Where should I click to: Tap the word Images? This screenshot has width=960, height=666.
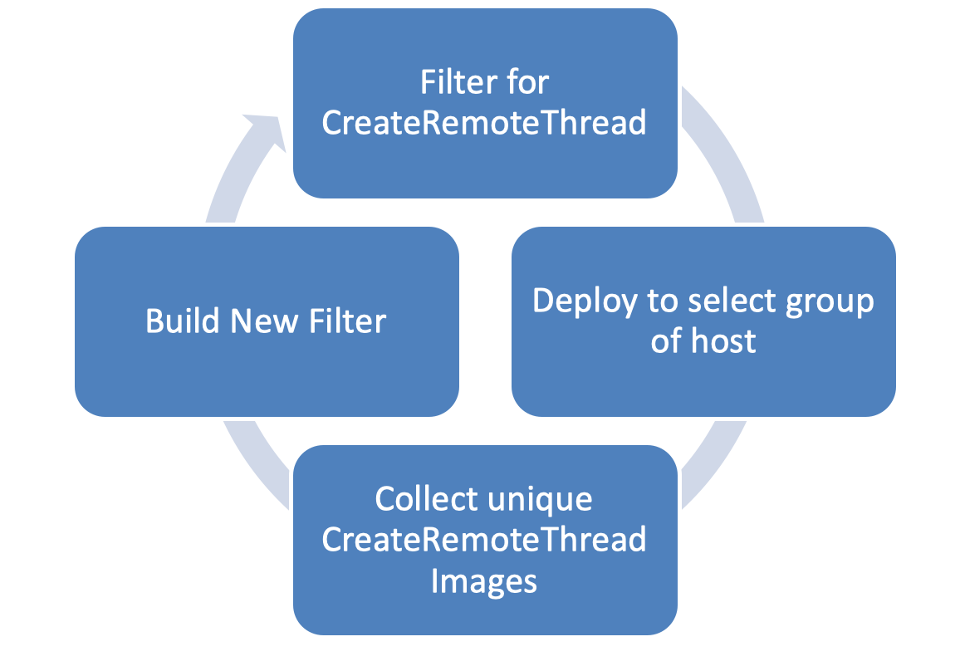click(483, 580)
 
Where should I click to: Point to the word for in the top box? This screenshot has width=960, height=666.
click(530, 82)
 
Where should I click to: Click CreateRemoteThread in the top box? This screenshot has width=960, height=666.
click(483, 123)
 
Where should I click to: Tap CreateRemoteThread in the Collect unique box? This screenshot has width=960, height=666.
click(483, 540)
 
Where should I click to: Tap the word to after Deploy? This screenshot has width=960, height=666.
click(662, 301)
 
